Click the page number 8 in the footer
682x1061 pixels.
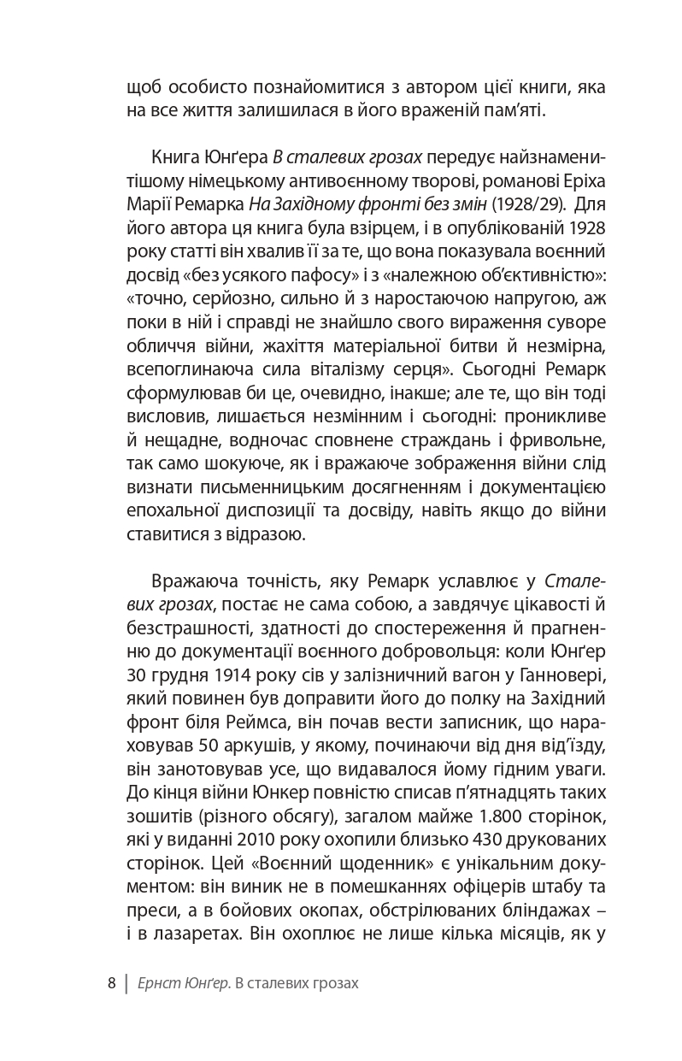coord(111,983)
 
